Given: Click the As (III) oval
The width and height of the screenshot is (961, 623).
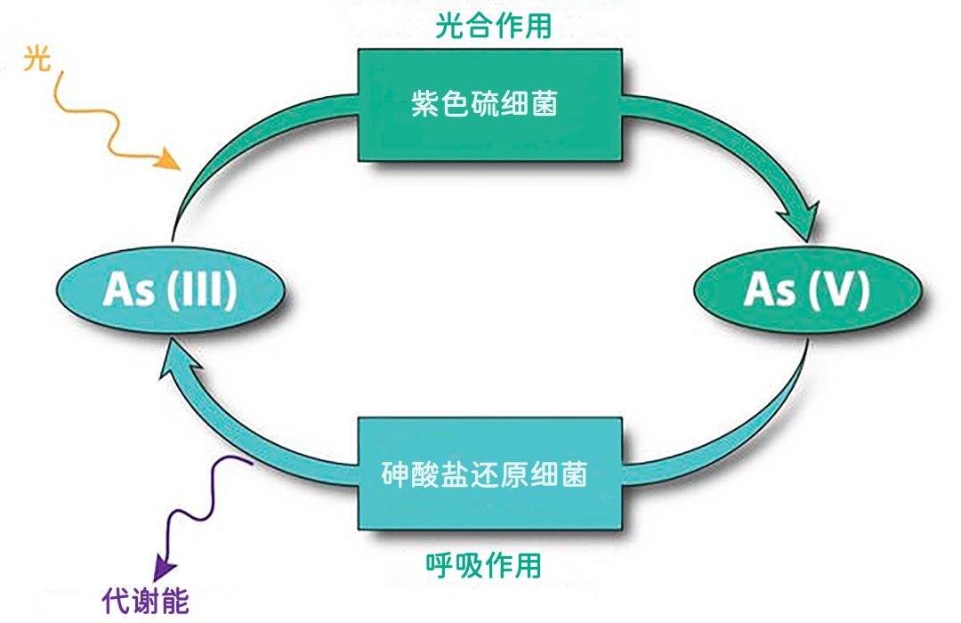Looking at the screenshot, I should click(169, 291).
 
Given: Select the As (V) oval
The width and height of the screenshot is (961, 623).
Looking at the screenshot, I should click(806, 291).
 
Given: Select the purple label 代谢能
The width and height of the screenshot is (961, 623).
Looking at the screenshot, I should click(146, 602).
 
